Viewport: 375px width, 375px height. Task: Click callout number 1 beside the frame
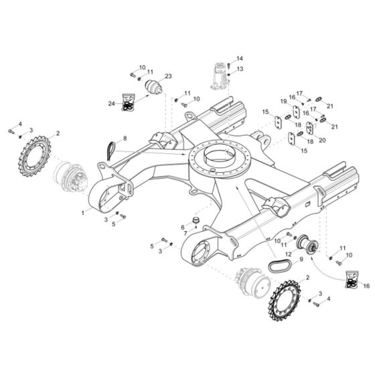83,212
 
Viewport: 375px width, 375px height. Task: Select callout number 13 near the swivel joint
240,68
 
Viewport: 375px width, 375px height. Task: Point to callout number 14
240,58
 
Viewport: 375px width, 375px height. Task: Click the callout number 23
168,76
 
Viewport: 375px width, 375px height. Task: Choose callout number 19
284,100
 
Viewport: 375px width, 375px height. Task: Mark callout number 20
322,140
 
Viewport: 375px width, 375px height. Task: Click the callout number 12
289,254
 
